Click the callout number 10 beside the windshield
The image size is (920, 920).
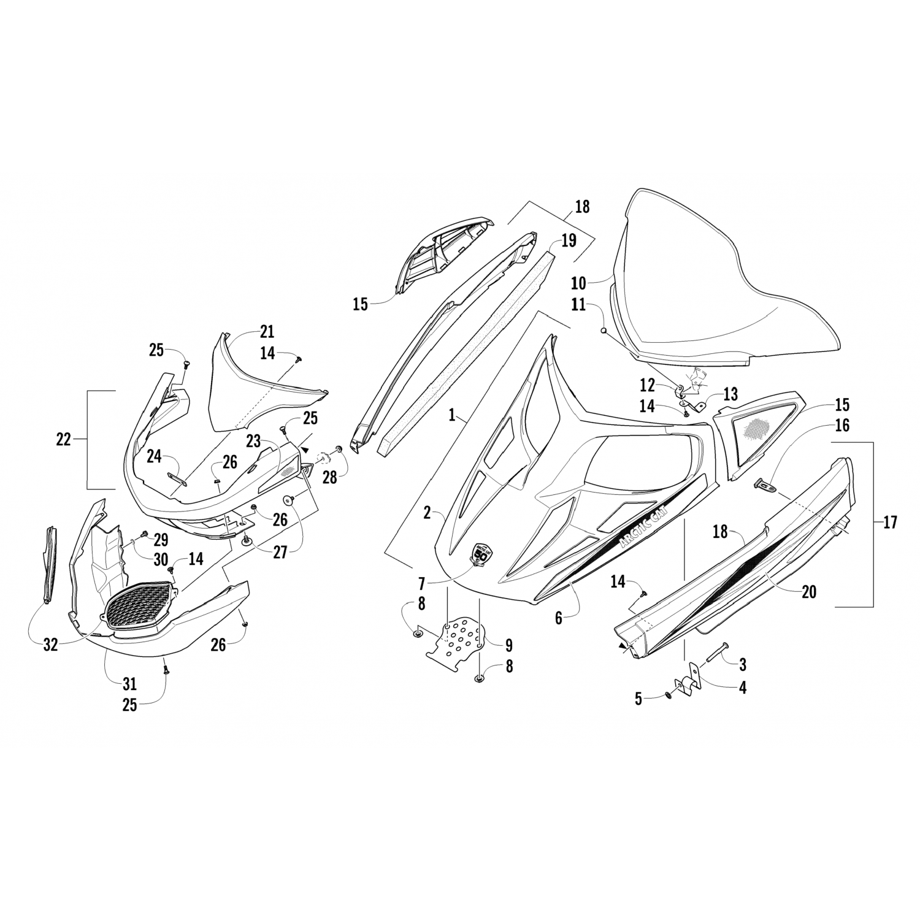(578, 283)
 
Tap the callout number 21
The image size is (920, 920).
(267, 332)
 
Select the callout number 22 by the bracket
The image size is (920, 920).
(64, 439)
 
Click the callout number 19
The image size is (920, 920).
(569, 240)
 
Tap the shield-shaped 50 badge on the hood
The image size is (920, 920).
(482, 554)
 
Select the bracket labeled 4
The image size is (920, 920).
(684, 689)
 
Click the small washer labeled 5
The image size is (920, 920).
(668, 695)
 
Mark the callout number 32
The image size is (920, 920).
(50, 645)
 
